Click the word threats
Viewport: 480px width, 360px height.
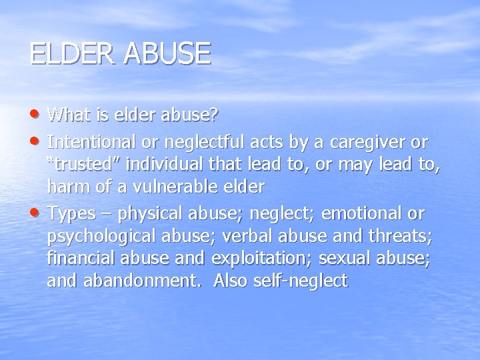(400, 236)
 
